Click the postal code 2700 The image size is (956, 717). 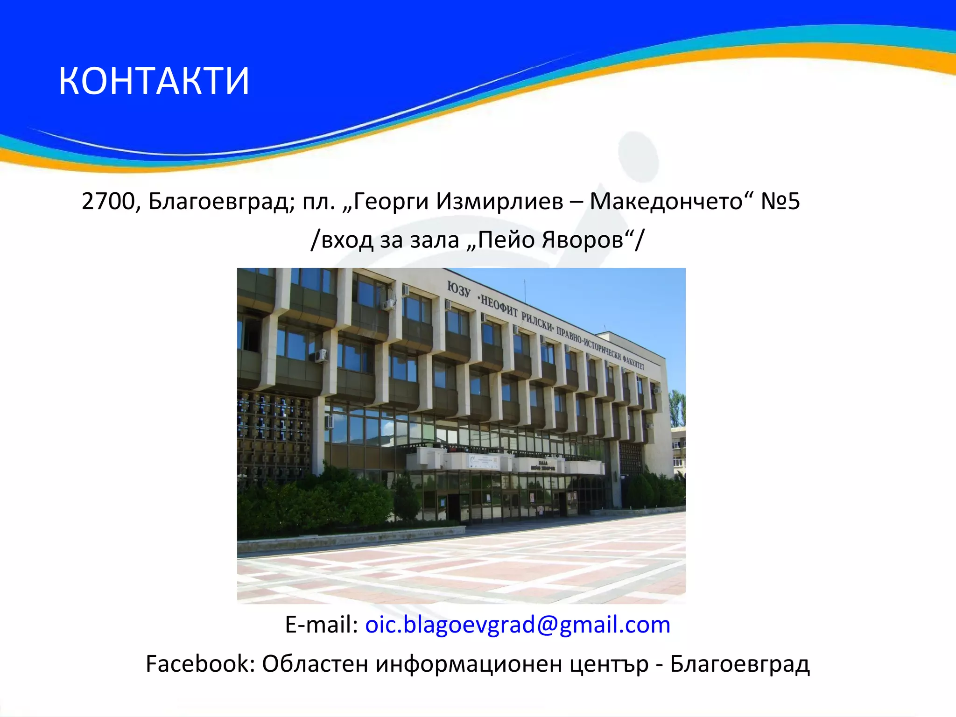(x=108, y=202)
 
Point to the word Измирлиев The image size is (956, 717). (x=499, y=202)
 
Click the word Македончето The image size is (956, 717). (x=667, y=202)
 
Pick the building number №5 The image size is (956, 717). (x=780, y=202)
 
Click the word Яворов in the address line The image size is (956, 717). (x=583, y=240)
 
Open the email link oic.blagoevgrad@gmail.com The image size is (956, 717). (x=517, y=625)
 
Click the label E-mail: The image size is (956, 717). (x=321, y=625)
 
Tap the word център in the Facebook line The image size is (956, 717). (x=609, y=664)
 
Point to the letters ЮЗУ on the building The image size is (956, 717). (x=459, y=289)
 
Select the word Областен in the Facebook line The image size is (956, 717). (x=315, y=664)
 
